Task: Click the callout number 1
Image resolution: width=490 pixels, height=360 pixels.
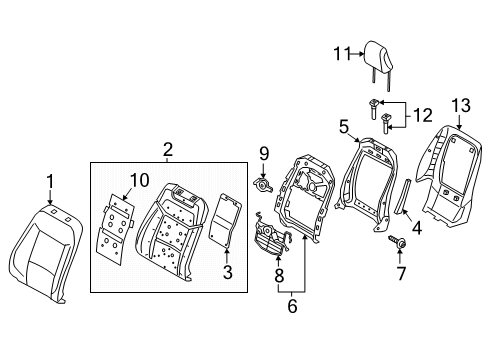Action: [x=50, y=182]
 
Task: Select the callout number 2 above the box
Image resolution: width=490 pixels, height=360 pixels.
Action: [x=168, y=150]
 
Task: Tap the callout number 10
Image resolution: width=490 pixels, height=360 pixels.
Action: [x=139, y=180]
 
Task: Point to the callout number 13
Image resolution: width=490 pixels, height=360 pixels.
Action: [x=461, y=106]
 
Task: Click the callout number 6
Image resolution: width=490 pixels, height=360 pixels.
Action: [x=292, y=306]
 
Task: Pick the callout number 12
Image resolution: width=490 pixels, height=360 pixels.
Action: [x=423, y=115]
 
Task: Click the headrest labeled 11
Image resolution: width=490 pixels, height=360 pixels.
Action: [x=377, y=66]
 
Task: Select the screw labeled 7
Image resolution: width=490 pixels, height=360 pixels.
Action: [x=397, y=242]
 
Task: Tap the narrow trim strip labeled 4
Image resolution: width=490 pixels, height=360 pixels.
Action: [x=403, y=197]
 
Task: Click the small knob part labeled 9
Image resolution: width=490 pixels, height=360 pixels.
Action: [x=263, y=185]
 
